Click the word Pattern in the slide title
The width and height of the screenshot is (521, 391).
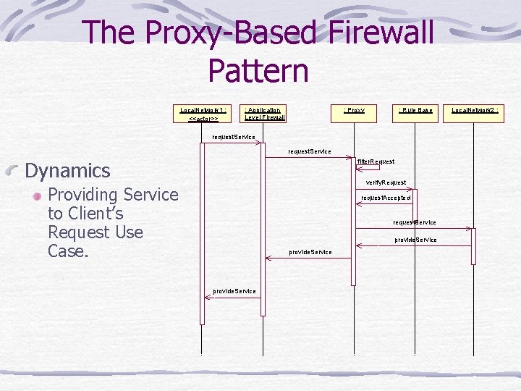(258, 70)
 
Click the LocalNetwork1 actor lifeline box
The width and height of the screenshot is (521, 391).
(203, 114)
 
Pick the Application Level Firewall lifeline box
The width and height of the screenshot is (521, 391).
(265, 114)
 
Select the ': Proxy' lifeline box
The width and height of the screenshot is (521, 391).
(355, 110)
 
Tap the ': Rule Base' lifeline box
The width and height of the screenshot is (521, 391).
(416, 110)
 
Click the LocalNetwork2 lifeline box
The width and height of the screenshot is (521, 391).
(475, 110)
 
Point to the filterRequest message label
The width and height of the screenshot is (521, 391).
(376, 161)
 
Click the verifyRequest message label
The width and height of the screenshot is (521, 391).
(386, 182)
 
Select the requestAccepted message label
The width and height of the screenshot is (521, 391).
(386, 198)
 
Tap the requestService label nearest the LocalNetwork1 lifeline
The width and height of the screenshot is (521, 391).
(233, 136)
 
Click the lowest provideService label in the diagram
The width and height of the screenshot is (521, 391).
(234, 291)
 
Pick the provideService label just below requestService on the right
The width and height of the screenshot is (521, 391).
(415, 240)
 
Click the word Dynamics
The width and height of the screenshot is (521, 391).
(67, 171)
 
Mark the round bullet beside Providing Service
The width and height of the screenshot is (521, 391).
(38, 196)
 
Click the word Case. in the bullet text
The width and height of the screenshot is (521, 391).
(67, 251)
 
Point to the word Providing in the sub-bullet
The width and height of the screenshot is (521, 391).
(80, 195)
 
